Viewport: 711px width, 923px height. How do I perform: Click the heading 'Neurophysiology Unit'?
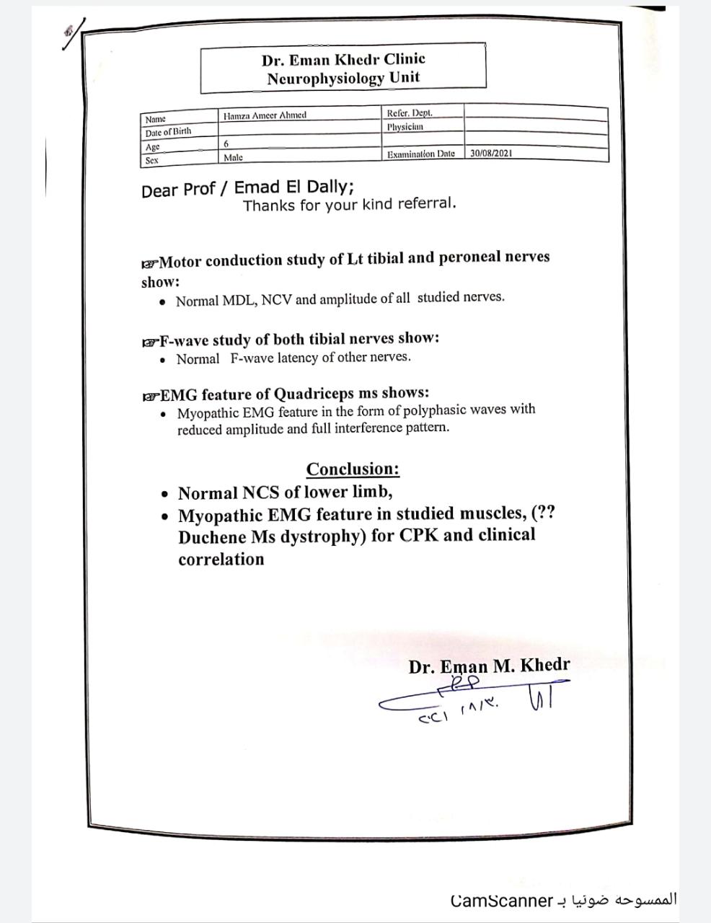(x=343, y=78)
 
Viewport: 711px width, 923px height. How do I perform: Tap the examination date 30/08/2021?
(x=491, y=154)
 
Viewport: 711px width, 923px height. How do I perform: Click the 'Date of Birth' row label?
(x=168, y=132)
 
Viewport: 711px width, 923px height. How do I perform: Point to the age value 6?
(x=226, y=144)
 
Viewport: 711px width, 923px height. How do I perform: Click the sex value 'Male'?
(x=233, y=157)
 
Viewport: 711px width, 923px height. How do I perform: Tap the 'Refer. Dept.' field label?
(x=410, y=113)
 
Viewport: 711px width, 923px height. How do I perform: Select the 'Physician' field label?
(x=405, y=127)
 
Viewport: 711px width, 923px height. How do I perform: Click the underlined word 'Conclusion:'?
(x=353, y=469)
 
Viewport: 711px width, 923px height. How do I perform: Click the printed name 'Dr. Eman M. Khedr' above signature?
(x=489, y=666)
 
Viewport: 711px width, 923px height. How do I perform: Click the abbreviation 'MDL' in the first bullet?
(x=239, y=300)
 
